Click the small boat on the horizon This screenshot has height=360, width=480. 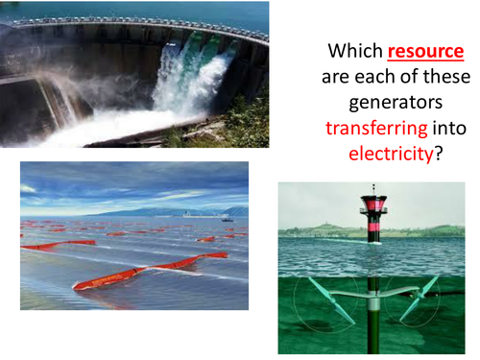pyautogui.click(x=227, y=219)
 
